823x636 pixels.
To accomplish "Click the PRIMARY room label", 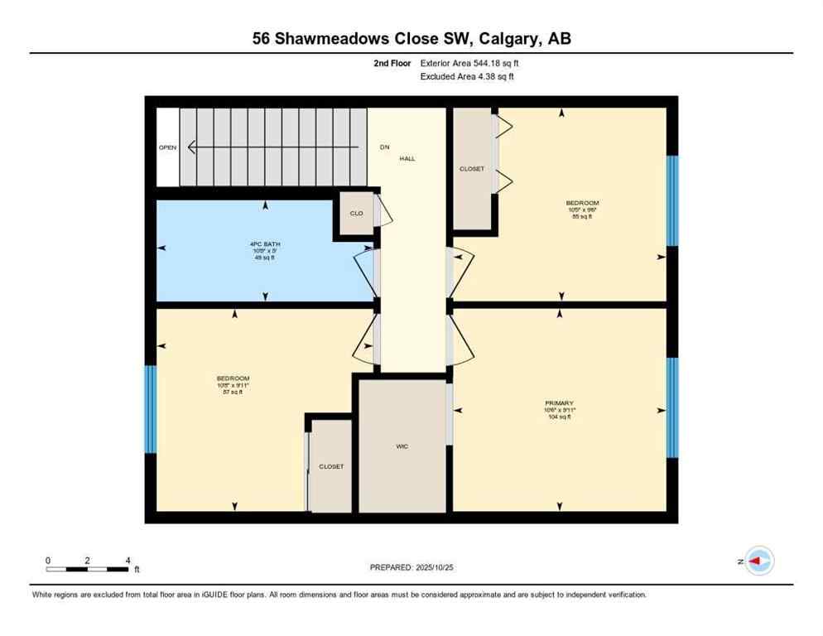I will [560, 403].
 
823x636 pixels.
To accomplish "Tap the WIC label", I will [402, 446].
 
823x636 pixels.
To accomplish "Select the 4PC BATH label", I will [264, 243].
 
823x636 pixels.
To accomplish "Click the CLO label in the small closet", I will [356, 214].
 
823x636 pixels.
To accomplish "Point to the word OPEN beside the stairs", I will [168, 148].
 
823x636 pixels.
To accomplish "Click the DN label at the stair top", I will [384, 147].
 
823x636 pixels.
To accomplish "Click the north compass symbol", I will [758, 561].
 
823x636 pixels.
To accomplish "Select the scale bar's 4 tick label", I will [128, 560].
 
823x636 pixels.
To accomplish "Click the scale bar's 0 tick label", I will [49, 560].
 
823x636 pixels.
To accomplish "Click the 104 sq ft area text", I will [560, 417].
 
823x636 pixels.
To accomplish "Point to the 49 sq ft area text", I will [264, 258].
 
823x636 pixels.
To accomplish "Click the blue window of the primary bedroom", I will [672, 407].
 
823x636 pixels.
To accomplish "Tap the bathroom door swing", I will [364, 273].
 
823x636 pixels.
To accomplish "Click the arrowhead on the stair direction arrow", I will [192, 147].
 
